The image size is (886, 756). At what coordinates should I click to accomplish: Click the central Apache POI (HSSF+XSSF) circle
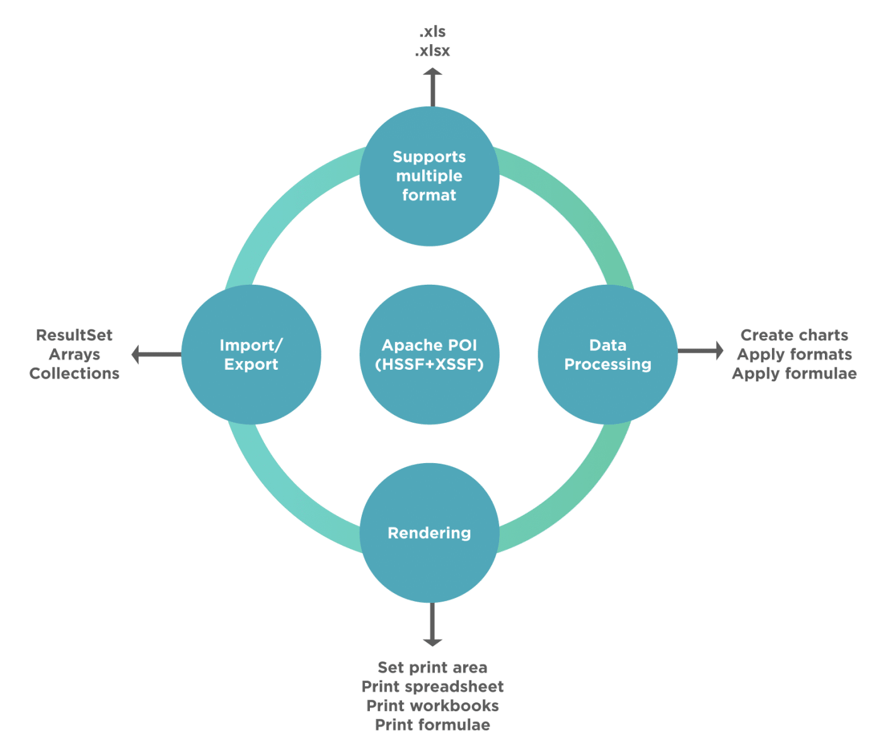point(430,354)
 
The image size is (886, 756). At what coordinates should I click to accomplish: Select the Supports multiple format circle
point(430,176)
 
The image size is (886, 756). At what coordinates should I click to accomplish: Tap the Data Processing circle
point(607,354)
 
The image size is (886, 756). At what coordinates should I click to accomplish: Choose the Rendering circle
point(430,533)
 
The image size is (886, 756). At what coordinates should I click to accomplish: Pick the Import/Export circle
point(251,354)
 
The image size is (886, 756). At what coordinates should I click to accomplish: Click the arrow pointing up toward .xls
point(432,87)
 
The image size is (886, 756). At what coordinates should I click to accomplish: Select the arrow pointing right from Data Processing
point(701,351)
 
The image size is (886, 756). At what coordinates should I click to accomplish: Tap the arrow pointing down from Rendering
point(432,626)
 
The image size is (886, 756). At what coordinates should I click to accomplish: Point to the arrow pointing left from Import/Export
point(155,355)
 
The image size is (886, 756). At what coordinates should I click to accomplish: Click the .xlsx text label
point(433,51)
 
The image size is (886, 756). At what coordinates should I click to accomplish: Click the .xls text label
point(433,31)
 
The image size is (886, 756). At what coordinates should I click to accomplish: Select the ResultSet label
point(74,335)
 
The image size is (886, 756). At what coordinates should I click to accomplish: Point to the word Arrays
point(74,355)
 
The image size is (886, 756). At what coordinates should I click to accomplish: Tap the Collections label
point(74,374)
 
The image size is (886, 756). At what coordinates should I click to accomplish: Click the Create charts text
point(794,335)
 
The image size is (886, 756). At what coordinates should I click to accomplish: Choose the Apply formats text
point(794,355)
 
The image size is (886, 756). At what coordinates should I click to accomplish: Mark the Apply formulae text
point(794,374)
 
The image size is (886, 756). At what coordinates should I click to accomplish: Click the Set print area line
point(433,668)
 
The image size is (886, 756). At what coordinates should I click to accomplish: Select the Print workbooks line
point(433,706)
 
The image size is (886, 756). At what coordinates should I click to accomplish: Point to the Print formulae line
point(433,725)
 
